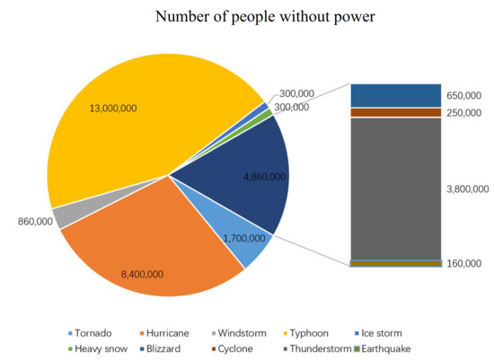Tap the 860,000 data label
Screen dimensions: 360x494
pos(34,221)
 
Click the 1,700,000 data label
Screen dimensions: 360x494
pos(243,239)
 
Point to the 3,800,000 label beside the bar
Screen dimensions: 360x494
pos(468,189)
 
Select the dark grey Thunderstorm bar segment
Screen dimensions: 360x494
pos(395,189)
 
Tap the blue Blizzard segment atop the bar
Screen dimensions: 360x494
pos(395,95)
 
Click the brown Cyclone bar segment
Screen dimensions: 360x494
pos(395,112)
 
